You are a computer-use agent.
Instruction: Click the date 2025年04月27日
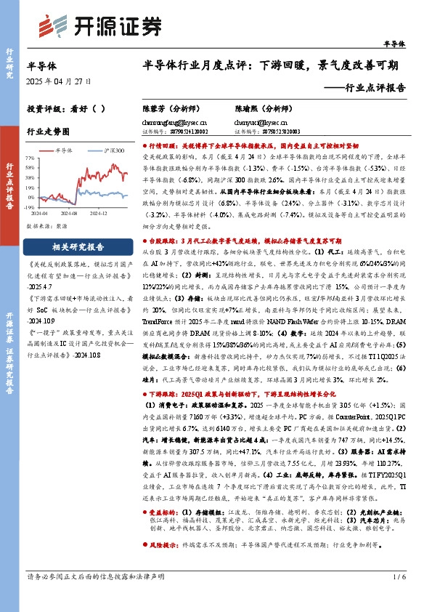pos(60,82)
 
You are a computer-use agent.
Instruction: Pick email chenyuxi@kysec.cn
pos(259,124)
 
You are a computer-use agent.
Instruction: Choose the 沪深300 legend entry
pos(109,150)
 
